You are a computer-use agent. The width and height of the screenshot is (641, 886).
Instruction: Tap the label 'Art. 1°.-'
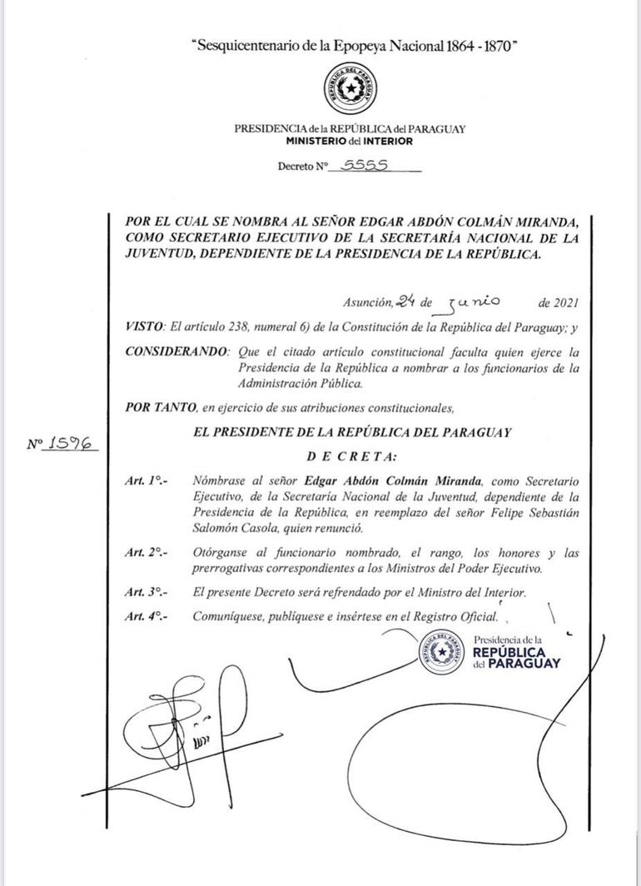[143, 480]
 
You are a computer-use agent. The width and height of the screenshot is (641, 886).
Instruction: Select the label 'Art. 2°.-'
[143, 553]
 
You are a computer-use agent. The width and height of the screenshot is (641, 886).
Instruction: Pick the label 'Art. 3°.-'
[143, 592]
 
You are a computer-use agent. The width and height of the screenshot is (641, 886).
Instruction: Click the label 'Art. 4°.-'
[143, 617]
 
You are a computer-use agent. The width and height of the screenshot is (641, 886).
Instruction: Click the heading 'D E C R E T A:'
[352, 456]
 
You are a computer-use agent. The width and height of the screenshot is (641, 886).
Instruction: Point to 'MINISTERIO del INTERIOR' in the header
[350, 142]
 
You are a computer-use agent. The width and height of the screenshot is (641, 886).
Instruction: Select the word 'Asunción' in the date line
[367, 303]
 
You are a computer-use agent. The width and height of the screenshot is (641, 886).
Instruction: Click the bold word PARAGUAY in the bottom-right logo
[524, 664]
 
